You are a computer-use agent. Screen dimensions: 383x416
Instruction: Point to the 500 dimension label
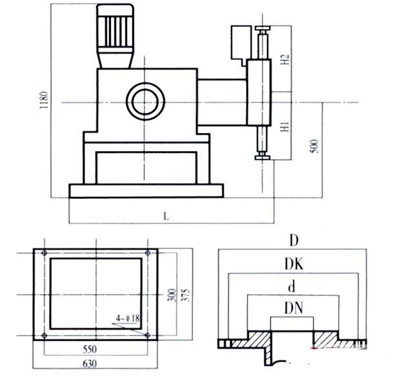tap(315, 147)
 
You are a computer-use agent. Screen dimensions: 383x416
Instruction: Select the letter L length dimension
tap(166, 217)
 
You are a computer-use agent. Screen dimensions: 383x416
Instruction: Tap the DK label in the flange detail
tap(293, 265)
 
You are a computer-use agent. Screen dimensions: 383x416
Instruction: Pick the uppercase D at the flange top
tap(293, 241)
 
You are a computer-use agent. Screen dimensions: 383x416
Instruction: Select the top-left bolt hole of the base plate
tap(43, 252)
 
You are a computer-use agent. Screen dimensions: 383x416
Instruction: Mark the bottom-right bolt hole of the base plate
tap(148, 335)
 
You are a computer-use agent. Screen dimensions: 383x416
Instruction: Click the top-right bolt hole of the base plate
tap(148, 252)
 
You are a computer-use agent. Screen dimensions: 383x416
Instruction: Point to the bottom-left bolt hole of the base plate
tap(43, 335)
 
